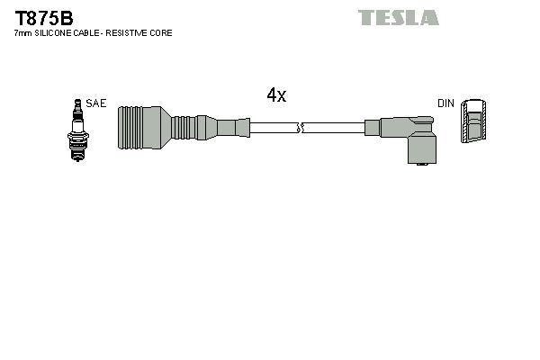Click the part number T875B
tap(43, 15)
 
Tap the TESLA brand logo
tap(398, 17)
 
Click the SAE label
tap(96, 103)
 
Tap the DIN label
tap(445, 103)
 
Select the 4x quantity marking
tap(276, 95)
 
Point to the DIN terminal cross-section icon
tap(474, 121)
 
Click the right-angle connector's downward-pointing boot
tap(422, 149)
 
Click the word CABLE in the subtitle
tap(89, 33)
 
